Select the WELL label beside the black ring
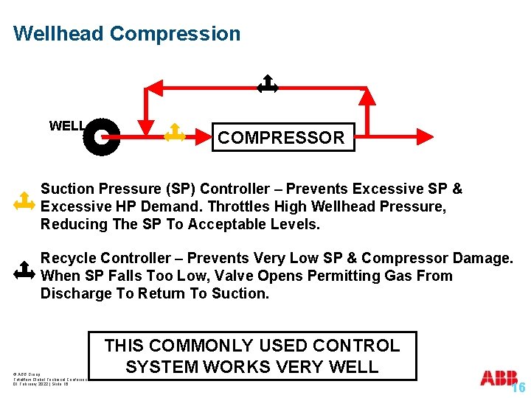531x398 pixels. point(66,126)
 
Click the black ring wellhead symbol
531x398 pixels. point(101,136)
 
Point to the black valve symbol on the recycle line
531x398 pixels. point(267,85)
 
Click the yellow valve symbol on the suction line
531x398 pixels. point(174,133)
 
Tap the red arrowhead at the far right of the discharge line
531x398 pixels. point(426,135)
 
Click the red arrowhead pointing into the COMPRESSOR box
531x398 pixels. point(205,135)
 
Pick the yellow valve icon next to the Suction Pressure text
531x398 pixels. point(24,201)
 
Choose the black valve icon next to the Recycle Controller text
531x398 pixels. point(24,272)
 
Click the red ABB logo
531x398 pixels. point(499,378)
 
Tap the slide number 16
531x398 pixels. point(518,388)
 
